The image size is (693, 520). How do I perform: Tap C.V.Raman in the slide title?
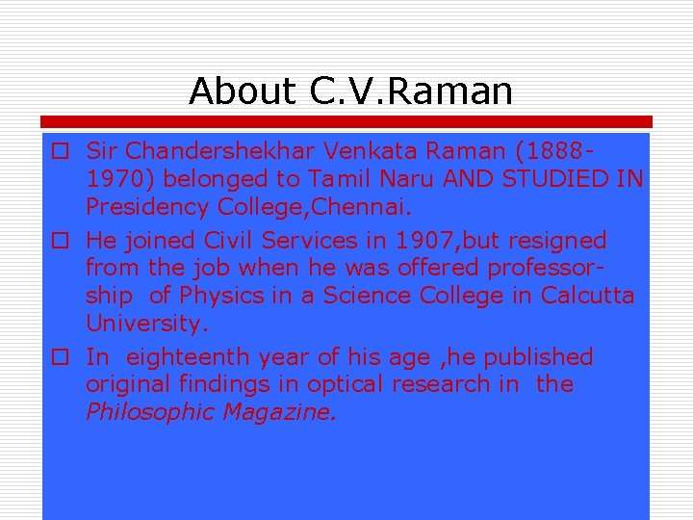click(x=412, y=91)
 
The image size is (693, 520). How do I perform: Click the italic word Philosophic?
click(x=150, y=412)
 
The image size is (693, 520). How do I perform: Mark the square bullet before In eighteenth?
click(x=60, y=358)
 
